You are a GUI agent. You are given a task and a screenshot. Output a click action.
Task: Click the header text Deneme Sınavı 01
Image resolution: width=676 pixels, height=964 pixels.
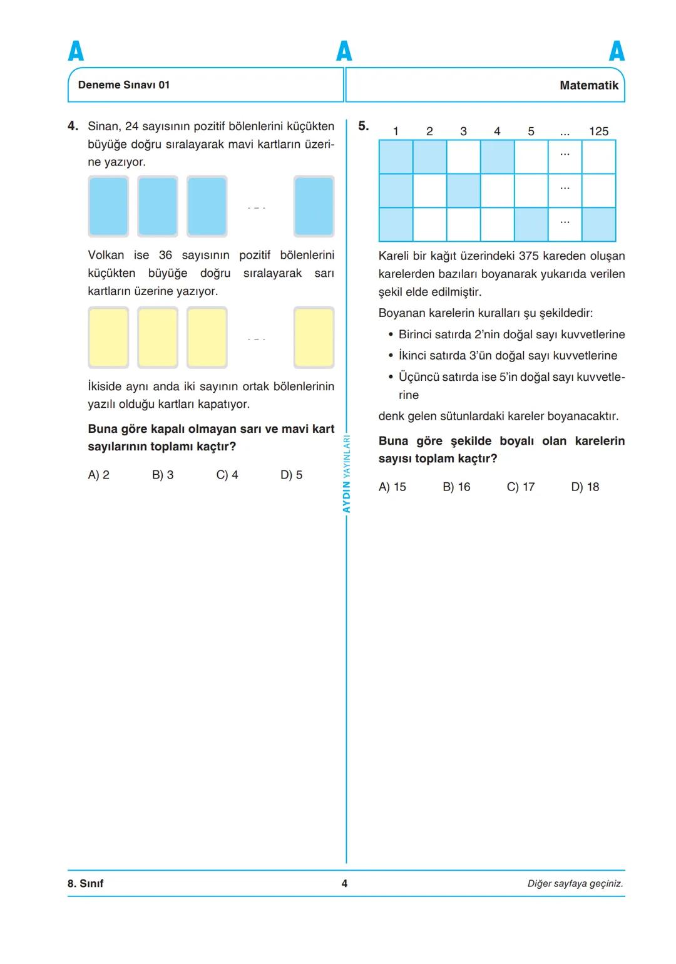pos(124,85)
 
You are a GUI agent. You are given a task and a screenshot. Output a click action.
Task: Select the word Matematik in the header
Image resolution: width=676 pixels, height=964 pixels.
pos(588,85)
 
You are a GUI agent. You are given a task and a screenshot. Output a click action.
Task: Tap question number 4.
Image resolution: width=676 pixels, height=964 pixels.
pos(73,126)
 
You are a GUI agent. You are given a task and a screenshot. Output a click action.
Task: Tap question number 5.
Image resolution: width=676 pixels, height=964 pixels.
pos(363,126)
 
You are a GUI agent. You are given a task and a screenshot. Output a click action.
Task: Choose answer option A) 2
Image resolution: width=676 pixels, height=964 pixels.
pos(98,475)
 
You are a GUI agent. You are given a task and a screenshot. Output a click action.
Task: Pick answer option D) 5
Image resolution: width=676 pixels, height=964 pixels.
pos(291,475)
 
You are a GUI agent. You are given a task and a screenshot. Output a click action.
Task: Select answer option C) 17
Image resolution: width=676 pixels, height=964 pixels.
pos(521,487)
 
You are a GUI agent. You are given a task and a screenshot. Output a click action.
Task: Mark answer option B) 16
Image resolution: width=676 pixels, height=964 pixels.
pos(456,487)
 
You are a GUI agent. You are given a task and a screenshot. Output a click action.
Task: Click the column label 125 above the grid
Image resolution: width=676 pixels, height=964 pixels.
pos(598,132)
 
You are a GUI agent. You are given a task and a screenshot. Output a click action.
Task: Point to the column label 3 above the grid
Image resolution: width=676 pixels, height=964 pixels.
pos(463,132)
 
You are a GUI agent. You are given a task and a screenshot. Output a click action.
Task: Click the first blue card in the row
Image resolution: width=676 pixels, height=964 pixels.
pos(108,206)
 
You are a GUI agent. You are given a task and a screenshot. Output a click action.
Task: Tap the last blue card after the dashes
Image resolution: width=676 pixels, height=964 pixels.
pos(314,206)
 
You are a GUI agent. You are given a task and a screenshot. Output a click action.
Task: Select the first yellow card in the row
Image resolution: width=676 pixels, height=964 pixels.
pos(108,337)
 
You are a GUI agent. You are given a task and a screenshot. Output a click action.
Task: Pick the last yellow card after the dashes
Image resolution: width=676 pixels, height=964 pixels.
pos(314,337)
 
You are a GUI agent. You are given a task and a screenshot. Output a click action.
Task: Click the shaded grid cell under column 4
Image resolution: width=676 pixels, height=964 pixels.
pos(497,157)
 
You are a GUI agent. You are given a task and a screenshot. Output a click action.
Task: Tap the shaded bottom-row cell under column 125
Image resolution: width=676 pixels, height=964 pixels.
pos(598,224)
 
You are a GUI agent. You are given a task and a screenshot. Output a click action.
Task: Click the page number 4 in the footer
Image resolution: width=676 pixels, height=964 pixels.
pos(344,883)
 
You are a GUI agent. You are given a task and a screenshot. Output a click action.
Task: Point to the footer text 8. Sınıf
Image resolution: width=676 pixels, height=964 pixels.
pos(86,883)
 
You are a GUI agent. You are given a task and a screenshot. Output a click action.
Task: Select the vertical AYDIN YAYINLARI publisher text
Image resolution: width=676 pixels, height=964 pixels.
pos(346,474)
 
